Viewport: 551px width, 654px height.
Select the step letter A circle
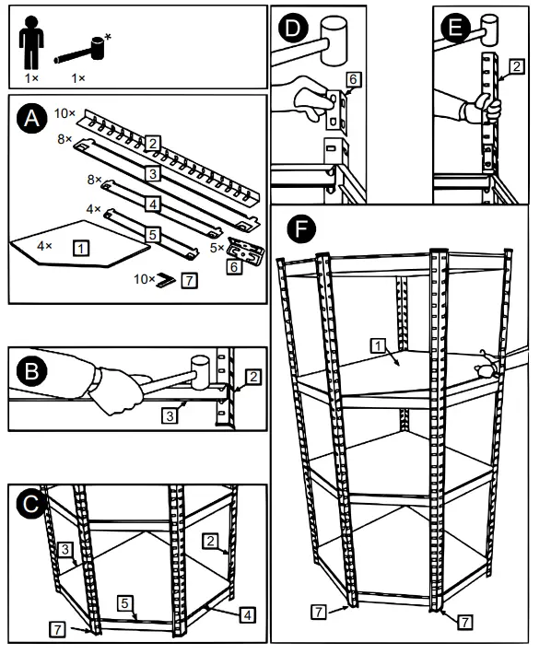coord(30,119)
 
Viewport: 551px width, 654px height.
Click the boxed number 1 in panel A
coord(82,248)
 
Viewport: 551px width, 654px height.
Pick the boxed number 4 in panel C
coord(249,613)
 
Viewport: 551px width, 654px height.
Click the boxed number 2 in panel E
coord(517,66)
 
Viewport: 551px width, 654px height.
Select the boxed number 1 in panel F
coord(378,345)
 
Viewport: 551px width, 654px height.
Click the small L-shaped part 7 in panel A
coord(166,278)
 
